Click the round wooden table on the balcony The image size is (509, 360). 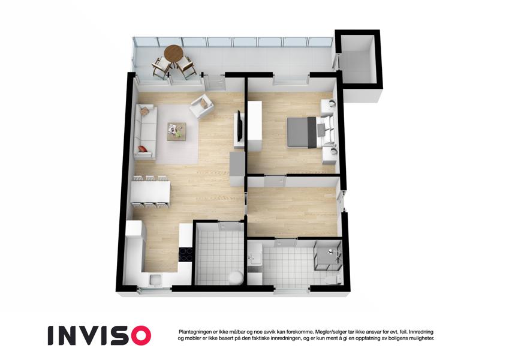point(173,53)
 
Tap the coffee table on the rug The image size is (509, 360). point(177,131)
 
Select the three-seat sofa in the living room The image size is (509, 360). point(145,131)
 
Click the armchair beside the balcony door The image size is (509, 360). point(201,106)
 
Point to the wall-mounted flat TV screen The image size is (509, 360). point(240,126)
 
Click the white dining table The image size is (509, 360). point(150,191)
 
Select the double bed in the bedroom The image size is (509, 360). point(311,132)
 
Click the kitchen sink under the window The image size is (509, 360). point(155,280)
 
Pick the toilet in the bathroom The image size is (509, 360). point(334,280)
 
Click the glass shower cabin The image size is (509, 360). point(328,255)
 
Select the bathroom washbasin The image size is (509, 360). point(254,258)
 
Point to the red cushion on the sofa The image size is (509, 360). point(143,149)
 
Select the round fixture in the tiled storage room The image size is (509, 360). point(236,278)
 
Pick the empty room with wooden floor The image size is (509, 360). point(292,211)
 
